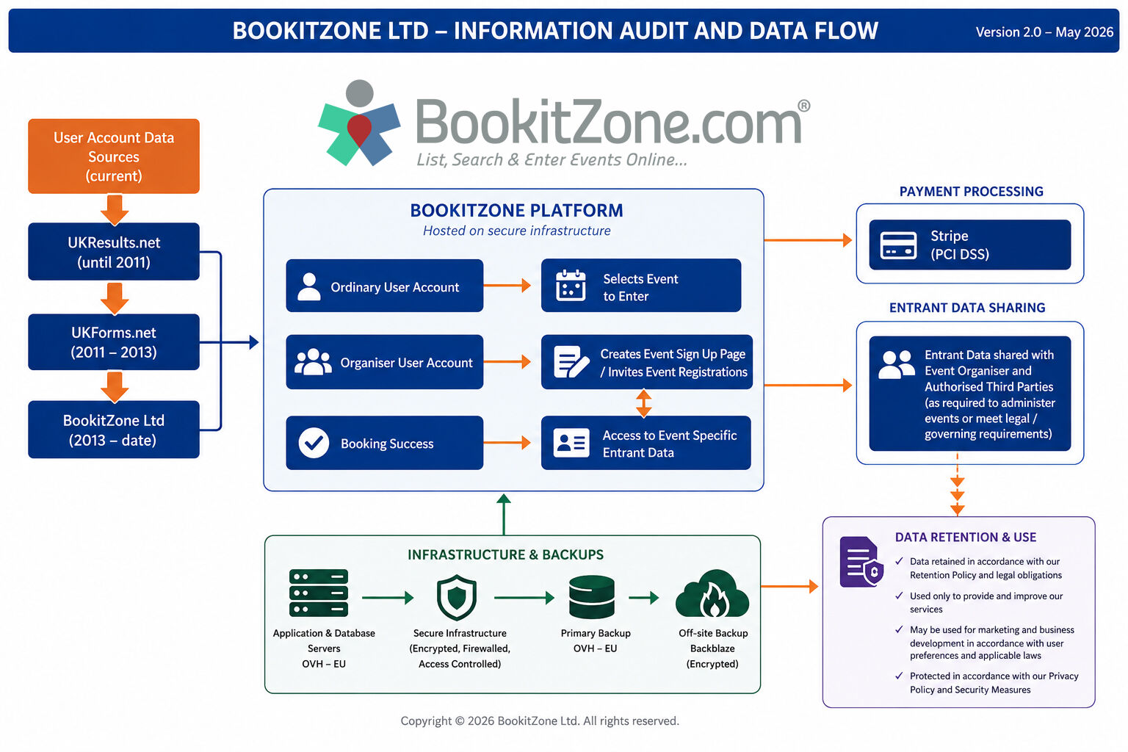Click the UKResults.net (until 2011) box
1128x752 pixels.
[x=114, y=251]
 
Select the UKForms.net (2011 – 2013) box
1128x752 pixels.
[x=114, y=342]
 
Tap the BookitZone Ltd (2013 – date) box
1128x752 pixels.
[x=114, y=430]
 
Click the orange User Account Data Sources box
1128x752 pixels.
[x=114, y=156]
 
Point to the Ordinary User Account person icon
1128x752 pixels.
[x=308, y=286]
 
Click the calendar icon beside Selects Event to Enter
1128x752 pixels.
[x=571, y=285]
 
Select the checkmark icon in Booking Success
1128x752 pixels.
[x=314, y=443]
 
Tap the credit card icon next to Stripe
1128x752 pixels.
[x=898, y=245]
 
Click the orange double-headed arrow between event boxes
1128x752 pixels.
[x=643, y=403]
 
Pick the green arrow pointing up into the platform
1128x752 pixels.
[x=504, y=514]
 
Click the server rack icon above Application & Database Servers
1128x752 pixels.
[x=319, y=593]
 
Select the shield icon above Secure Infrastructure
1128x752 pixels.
[x=457, y=597]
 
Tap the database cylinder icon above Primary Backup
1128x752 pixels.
[x=592, y=597]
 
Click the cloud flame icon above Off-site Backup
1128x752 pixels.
[x=712, y=594]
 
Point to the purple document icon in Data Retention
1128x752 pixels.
[x=861, y=562]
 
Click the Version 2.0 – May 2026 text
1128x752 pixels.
[x=1044, y=32]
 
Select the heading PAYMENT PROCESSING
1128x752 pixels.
[x=972, y=192]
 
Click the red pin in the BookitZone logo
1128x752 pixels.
[x=359, y=129]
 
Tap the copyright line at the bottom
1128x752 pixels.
[x=540, y=720]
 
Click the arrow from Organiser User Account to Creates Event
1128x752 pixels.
[x=507, y=361]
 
